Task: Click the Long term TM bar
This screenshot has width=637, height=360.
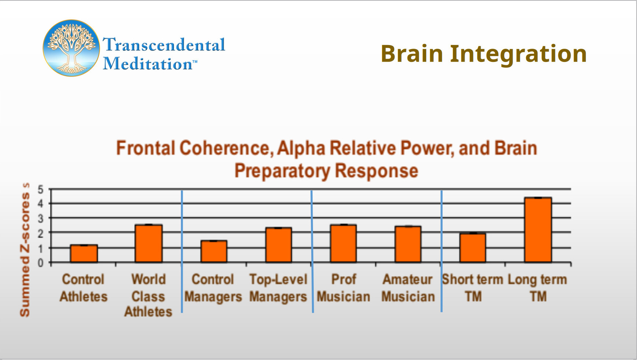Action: click(538, 230)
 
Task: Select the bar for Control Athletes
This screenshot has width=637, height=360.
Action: click(84, 253)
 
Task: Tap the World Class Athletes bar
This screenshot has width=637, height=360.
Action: click(149, 244)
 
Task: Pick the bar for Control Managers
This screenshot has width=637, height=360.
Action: click(214, 252)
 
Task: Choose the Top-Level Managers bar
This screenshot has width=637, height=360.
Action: click(279, 245)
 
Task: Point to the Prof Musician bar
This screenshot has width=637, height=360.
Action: click(343, 244)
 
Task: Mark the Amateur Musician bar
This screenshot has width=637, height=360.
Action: click(408, 244)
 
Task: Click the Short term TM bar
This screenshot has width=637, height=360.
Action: click(473, 248)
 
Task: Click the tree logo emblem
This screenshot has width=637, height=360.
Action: click(71, 48)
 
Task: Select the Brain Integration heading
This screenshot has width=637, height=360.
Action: click(484, 54)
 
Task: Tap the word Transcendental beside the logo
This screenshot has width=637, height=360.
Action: click(164, 45)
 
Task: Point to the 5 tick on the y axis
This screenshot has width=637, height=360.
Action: click(41, 190)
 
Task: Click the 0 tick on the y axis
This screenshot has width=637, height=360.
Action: click(41, 263)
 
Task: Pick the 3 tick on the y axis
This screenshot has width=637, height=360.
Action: click(41, 219)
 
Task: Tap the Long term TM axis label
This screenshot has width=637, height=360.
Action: click(537, 288)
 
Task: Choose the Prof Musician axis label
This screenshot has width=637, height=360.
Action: click(343, 288)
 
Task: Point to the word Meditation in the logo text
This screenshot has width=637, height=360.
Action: click(148, 64)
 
